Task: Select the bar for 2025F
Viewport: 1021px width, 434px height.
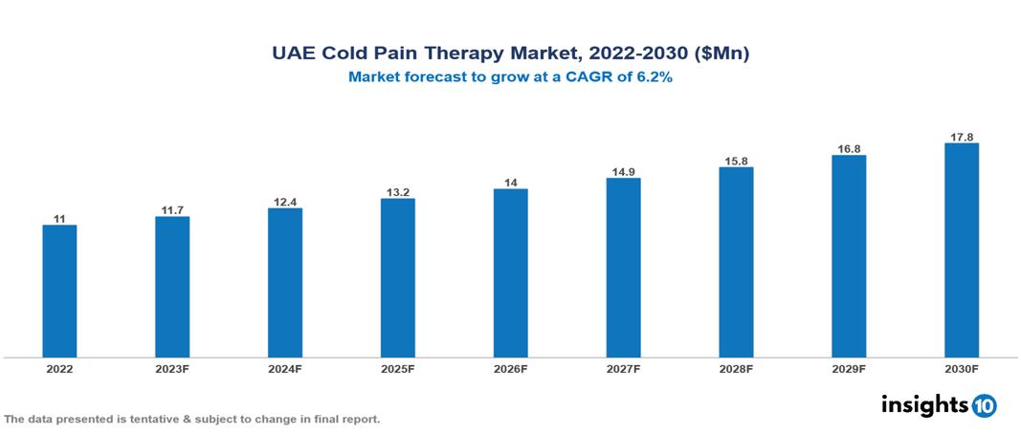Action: tap(397, 278)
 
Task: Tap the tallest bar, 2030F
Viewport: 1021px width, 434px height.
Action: tap(961, 250)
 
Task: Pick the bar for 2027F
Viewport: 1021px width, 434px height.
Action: tap(623, 268)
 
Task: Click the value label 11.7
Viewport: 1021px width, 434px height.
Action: tap(172, 209)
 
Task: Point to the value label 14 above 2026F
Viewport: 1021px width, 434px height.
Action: tap(510, 182)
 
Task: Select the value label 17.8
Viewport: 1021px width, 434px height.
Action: tap(961, 137)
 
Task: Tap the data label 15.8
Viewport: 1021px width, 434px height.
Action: tap(736, 161)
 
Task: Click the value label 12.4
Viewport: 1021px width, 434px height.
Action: tap(285, 201)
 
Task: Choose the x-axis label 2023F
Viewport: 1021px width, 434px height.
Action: tap(172, 369)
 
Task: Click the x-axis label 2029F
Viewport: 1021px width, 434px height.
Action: tap(849, 369)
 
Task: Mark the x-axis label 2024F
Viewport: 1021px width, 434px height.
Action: tap(285, 369)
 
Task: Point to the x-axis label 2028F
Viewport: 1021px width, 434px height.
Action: tap(736, 369)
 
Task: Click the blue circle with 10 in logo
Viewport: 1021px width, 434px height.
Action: tap(985, 406)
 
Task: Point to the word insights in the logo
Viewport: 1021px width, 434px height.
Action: tap(924, 405)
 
